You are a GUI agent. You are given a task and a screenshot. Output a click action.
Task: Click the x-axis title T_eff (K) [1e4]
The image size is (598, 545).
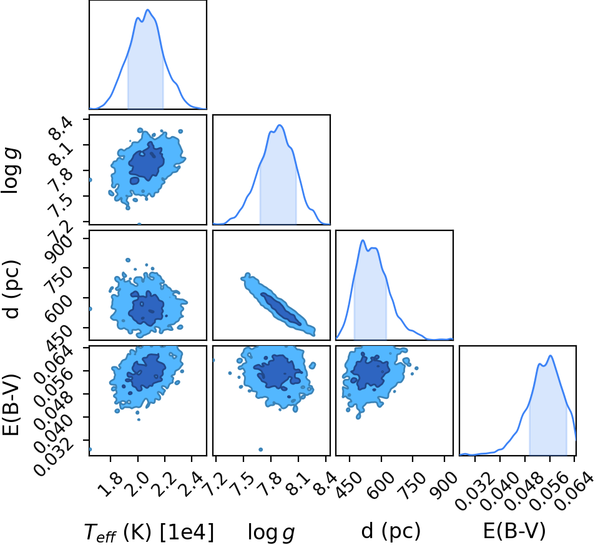click(x=149, y=531)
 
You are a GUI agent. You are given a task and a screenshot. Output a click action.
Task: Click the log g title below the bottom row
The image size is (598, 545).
click(x=271, y=532)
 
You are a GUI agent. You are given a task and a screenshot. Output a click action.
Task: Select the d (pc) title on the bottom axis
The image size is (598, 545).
click(x=391, y=531)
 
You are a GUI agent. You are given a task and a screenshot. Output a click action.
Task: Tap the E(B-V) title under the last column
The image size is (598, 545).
click(x=514, y=531)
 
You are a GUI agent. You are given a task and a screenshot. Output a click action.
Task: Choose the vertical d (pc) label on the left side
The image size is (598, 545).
click(x=11, y=290)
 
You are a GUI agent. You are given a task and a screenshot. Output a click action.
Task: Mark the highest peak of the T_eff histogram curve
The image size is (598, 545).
click(x=148, y=10)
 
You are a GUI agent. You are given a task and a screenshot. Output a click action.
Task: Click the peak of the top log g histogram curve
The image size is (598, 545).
click(x=280, y=125)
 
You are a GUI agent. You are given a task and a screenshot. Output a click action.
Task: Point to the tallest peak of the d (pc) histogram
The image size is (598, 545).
click(x=362, y=240)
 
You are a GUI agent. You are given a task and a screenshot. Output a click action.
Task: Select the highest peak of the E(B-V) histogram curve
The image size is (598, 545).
click(x=551, y=355)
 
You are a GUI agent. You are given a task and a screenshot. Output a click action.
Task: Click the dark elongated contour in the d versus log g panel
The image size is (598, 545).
click(x=281, y=309)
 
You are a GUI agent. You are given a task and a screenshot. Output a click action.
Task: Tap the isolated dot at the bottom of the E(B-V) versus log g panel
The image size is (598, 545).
click(x=261, y=449)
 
